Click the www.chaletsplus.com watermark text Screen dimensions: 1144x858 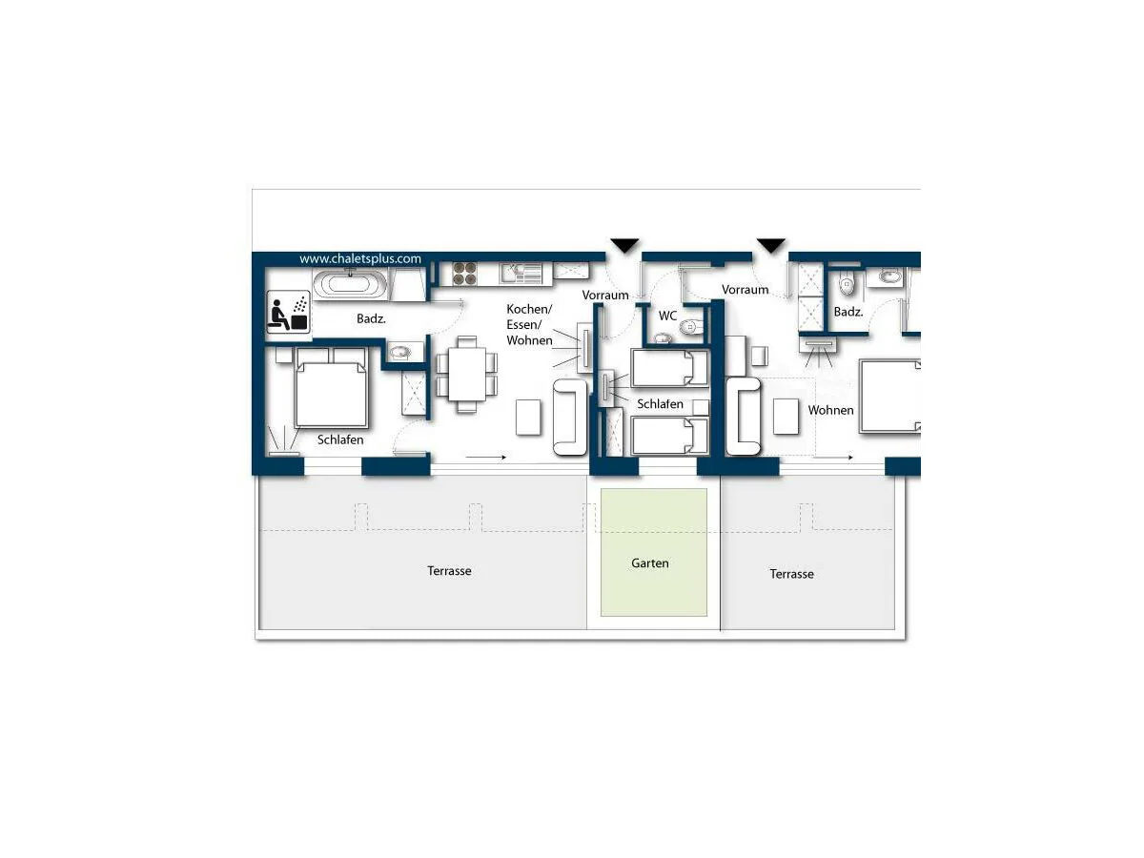coord(360,259)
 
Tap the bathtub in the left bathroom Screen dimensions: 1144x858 coord(350,284)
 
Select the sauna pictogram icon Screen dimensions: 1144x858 coord(288,312)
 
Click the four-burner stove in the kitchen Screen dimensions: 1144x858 coord(464,274)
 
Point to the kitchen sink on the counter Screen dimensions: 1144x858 coord(521,273)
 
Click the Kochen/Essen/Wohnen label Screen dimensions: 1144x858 coord(529,324)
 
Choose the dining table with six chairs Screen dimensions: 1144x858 coord(466,375)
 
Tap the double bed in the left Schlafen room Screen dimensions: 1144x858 coord(332,388)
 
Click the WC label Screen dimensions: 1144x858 coord(667,316)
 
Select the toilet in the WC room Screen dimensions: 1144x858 coord(691,327)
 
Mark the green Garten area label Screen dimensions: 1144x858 coord(649,563)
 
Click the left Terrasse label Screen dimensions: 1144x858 coord(449,571)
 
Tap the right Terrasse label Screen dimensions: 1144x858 coord(791,574)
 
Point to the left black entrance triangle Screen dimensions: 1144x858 coord(624,245)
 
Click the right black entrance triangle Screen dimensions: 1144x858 coord(771,245)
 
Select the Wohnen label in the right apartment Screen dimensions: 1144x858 coord(830,411)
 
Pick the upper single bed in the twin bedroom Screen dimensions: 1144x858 coord(670,368)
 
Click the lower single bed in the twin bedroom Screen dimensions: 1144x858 coord(670,436)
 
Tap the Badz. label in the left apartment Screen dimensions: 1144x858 coord(371,318)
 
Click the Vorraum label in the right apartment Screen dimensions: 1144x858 coord(745,290)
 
